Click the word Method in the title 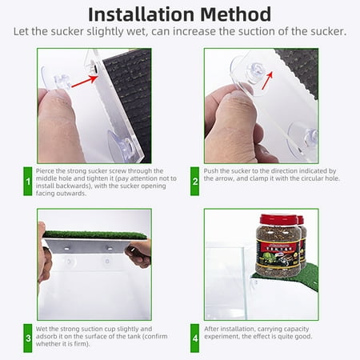coord(236,14)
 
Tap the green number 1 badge coord(28,181)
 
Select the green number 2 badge coord(195,181)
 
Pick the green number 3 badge coord(28,338)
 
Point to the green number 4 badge coord(195,338)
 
